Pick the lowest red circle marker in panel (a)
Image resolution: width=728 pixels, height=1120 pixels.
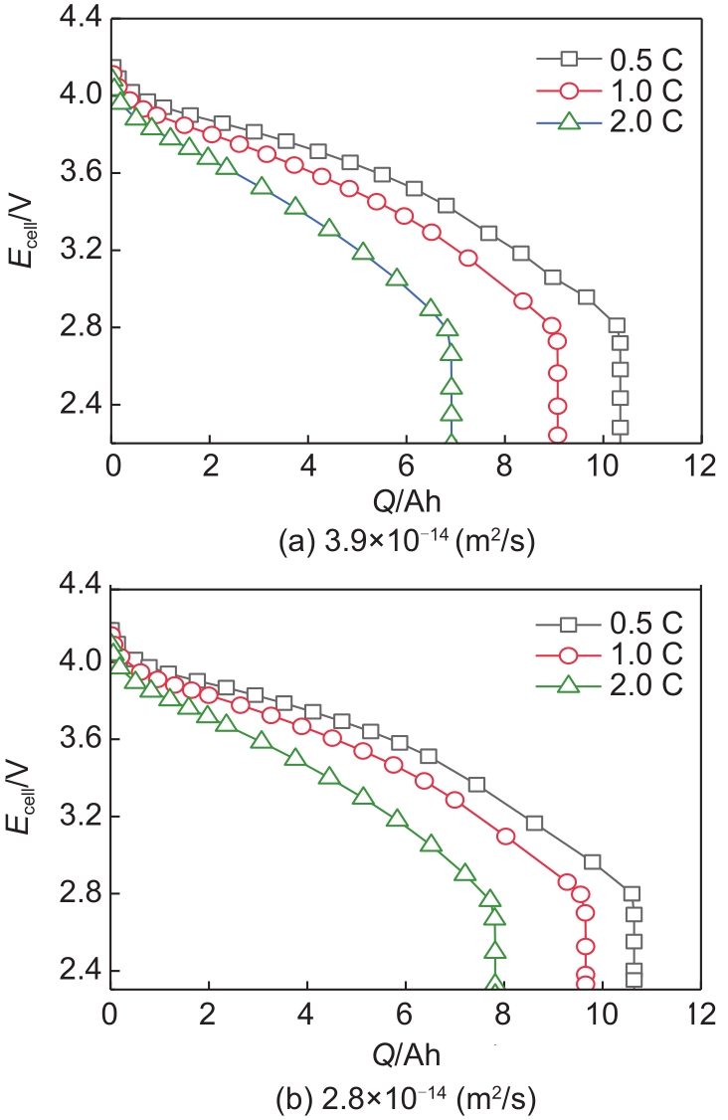(x=557, y=436)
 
